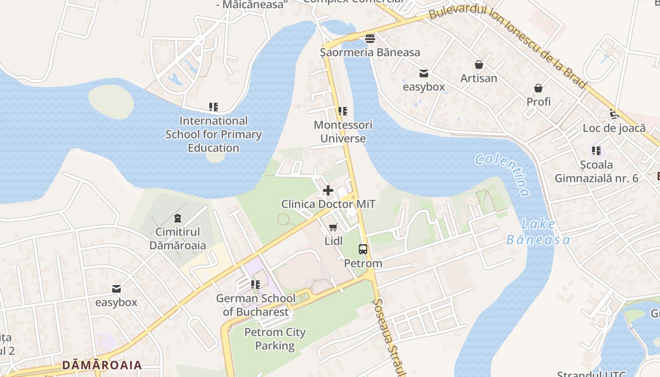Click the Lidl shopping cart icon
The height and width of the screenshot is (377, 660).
333,228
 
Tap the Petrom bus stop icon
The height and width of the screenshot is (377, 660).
363,250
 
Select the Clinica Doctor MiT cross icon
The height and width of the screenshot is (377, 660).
328,191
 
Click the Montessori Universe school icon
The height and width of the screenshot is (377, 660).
343,112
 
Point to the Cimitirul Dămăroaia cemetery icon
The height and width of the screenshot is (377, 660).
178,218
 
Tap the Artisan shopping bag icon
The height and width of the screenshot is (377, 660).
479,65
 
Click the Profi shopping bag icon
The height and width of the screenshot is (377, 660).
538,88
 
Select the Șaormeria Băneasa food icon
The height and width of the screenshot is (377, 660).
370,39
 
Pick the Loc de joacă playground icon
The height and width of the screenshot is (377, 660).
614,114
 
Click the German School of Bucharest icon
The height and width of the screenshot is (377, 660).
256,285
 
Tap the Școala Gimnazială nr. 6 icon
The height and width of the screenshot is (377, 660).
596,151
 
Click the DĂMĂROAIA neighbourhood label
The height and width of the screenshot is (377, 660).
102,365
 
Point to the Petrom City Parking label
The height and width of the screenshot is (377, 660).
275,339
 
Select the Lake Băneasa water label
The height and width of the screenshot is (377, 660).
538,232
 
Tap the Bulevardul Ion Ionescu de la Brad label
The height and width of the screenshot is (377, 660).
509,42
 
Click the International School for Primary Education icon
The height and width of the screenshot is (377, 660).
214,107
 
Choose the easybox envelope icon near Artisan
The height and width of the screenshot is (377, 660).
423,74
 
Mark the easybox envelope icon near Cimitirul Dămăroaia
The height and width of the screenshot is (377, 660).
116,289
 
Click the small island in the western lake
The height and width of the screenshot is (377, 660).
111,102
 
